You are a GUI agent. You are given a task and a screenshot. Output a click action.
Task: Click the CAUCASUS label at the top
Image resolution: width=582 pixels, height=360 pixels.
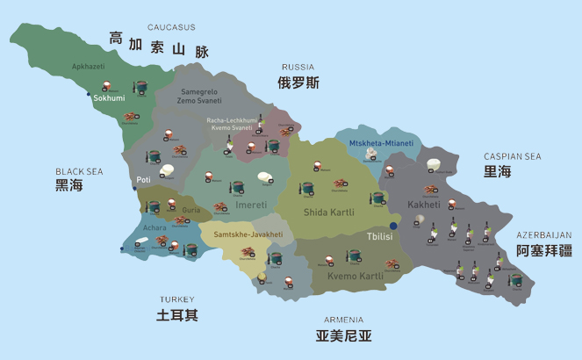point(171,27)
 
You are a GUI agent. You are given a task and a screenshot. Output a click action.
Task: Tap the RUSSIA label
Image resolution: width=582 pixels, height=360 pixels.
point(298,67)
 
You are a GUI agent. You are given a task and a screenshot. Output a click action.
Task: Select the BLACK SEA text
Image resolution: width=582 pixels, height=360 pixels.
point(79,171)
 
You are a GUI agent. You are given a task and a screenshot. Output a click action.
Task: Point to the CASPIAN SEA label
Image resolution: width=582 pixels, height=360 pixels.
point(513,156)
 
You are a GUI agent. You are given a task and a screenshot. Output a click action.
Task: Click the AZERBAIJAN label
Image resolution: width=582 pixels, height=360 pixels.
point(543,234)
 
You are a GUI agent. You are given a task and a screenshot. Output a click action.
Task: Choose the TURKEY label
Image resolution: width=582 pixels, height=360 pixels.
point(177,299)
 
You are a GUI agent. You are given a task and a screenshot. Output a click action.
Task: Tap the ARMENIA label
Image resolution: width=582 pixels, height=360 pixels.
point(343,320)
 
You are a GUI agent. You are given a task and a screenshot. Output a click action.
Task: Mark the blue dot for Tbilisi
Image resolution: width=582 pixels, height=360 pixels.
point(394,227)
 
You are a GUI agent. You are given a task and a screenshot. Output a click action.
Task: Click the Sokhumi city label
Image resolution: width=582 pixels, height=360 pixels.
point(109,98)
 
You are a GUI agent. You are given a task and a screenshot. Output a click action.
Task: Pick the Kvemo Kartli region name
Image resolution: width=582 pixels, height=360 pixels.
point(355,276)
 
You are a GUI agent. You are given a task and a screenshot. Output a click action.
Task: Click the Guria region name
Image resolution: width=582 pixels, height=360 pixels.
point(190,210)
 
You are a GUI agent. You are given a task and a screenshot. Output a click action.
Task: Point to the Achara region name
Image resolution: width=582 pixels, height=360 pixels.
point(154,227)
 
